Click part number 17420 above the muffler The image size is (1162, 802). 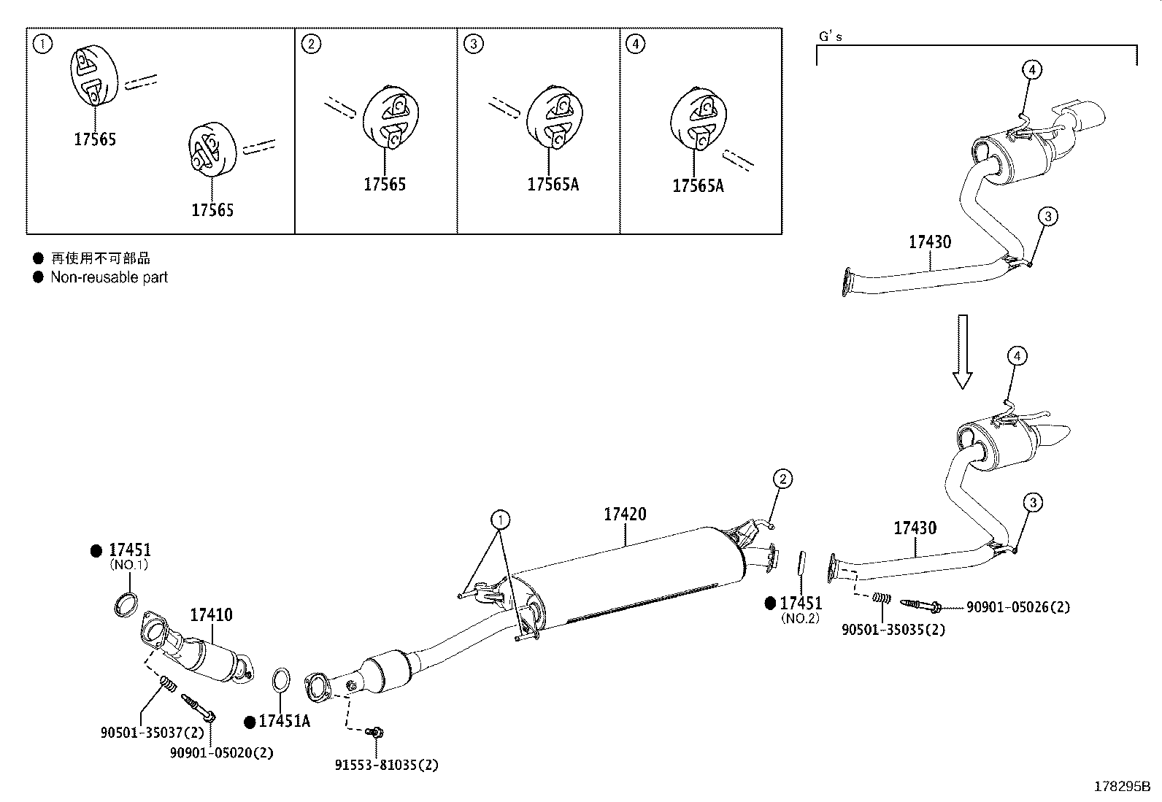pos(625,514)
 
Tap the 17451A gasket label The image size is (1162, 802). pos(284,722)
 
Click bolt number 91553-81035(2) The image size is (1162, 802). pos(387,766)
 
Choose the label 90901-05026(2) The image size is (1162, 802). pos(1018,607)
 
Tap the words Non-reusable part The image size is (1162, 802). pos(109,277)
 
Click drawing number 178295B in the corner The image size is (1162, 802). pos(1121,787)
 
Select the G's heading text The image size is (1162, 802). pos(831,36)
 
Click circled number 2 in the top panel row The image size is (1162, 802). pos(311,45)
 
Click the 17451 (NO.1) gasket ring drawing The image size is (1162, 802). pos(126,605)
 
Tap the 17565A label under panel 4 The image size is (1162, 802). pos(698,186)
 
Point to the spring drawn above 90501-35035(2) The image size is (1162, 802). pos(882,598)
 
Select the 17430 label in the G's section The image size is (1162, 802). pos(929,242)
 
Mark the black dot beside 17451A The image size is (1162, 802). pos(250,722)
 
